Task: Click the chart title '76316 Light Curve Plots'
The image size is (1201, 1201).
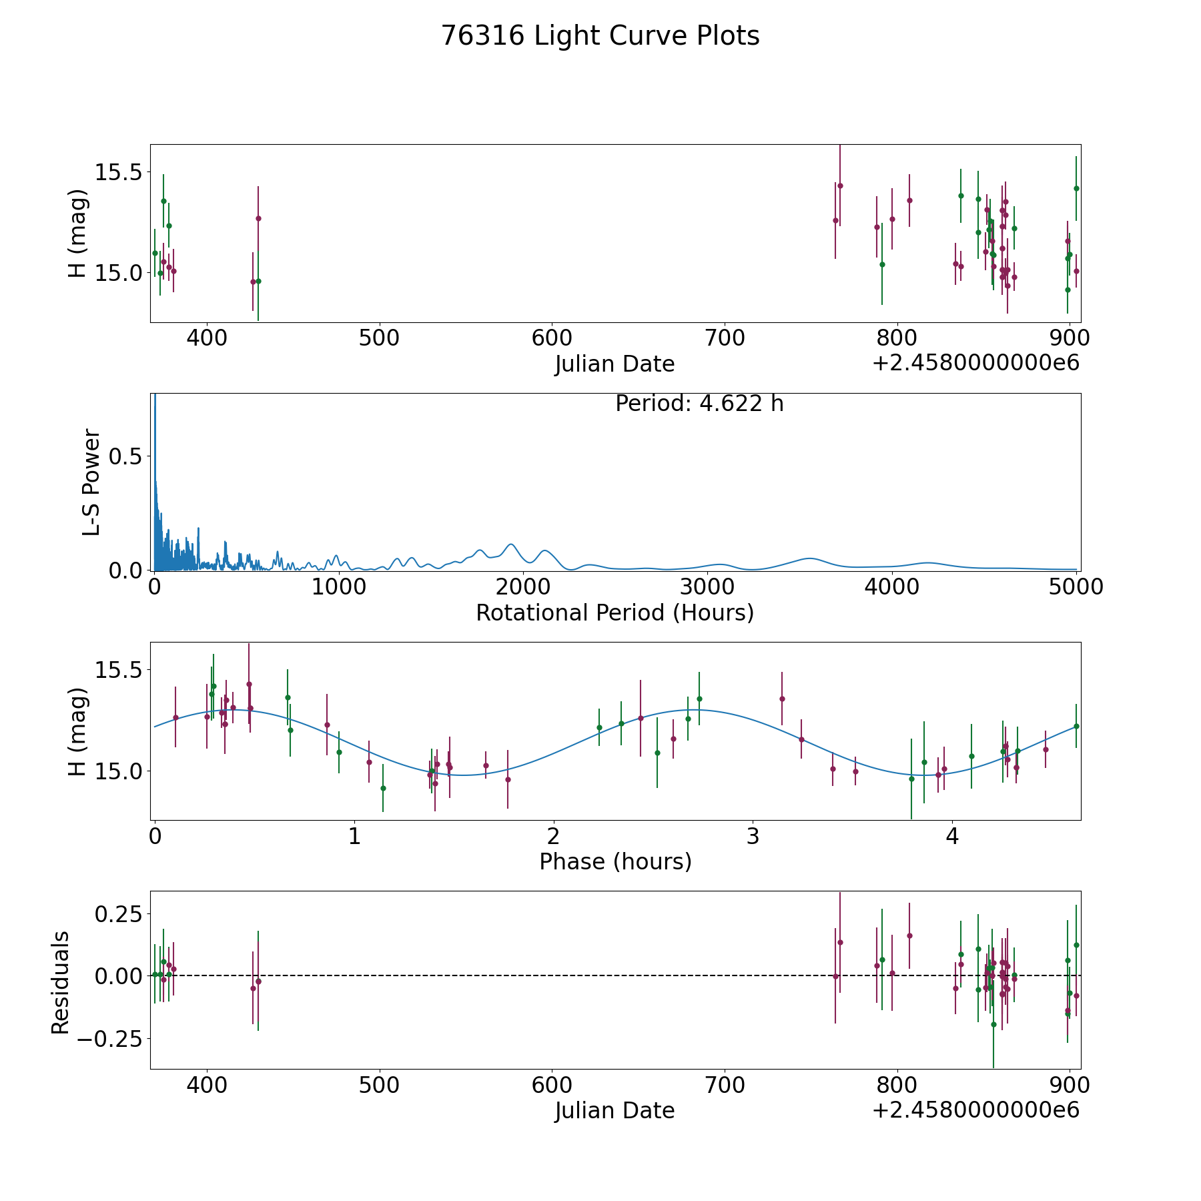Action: [x=600, y=36]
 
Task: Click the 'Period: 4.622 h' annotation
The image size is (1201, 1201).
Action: [x=699, y=404]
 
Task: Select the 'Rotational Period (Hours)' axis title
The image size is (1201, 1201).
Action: [x=615, y=613]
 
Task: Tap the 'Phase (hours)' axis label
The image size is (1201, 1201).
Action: [x=615, y=861]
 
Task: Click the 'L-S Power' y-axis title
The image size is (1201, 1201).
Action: [x=91, y=482]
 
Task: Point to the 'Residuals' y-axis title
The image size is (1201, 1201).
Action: [x=60, y=983]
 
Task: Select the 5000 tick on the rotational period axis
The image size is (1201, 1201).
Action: [x=1076, y=587]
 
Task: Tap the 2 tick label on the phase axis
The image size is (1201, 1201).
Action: [x=553, y=836]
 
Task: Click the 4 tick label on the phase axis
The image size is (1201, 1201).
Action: [x=952, y=836]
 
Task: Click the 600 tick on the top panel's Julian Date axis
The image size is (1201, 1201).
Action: [x=552, y=338]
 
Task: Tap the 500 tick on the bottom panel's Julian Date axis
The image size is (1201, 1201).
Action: [x=379, y=1085]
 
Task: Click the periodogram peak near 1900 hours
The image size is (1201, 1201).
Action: [x=510, y=544]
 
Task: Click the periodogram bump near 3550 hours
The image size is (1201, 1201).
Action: [x=809, y=558]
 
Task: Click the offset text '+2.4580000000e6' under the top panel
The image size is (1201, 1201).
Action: [x=975, y=363]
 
